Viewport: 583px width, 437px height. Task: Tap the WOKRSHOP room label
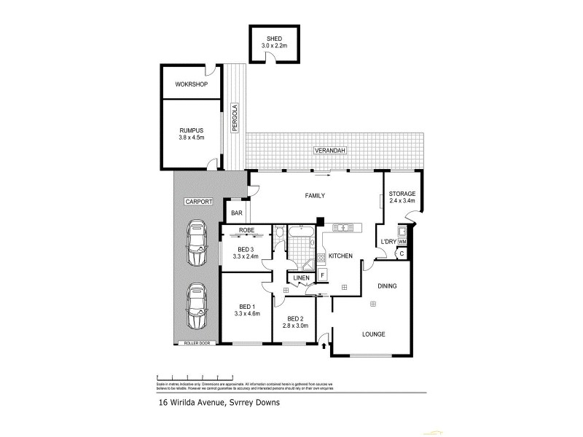pyautogui.click(x=192, y=84)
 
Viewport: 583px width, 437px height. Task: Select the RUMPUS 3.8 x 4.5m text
pyautogui.click(x=191, y=133)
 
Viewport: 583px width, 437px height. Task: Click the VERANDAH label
pyautogui.click(x=329, y=150)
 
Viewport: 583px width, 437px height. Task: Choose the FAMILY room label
pyautogui.click(x=314, y=195)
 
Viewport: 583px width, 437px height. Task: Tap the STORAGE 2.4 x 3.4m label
pyautogui.click(x=402, y=197)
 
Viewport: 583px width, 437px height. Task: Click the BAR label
pyautogui.click(x=237, y=213)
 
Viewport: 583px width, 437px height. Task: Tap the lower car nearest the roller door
pyautogui.click(x=196, y=307)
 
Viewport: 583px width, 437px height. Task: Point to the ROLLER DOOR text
pyautogui.click(x=197, y=342)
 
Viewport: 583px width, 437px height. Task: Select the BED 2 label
pyautogui.click(x=295, y=323)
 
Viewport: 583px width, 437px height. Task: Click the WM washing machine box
pyautogui.click(x=402, y=241)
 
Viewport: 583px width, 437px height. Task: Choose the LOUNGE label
pyautogui.click(x=374, y=334)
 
